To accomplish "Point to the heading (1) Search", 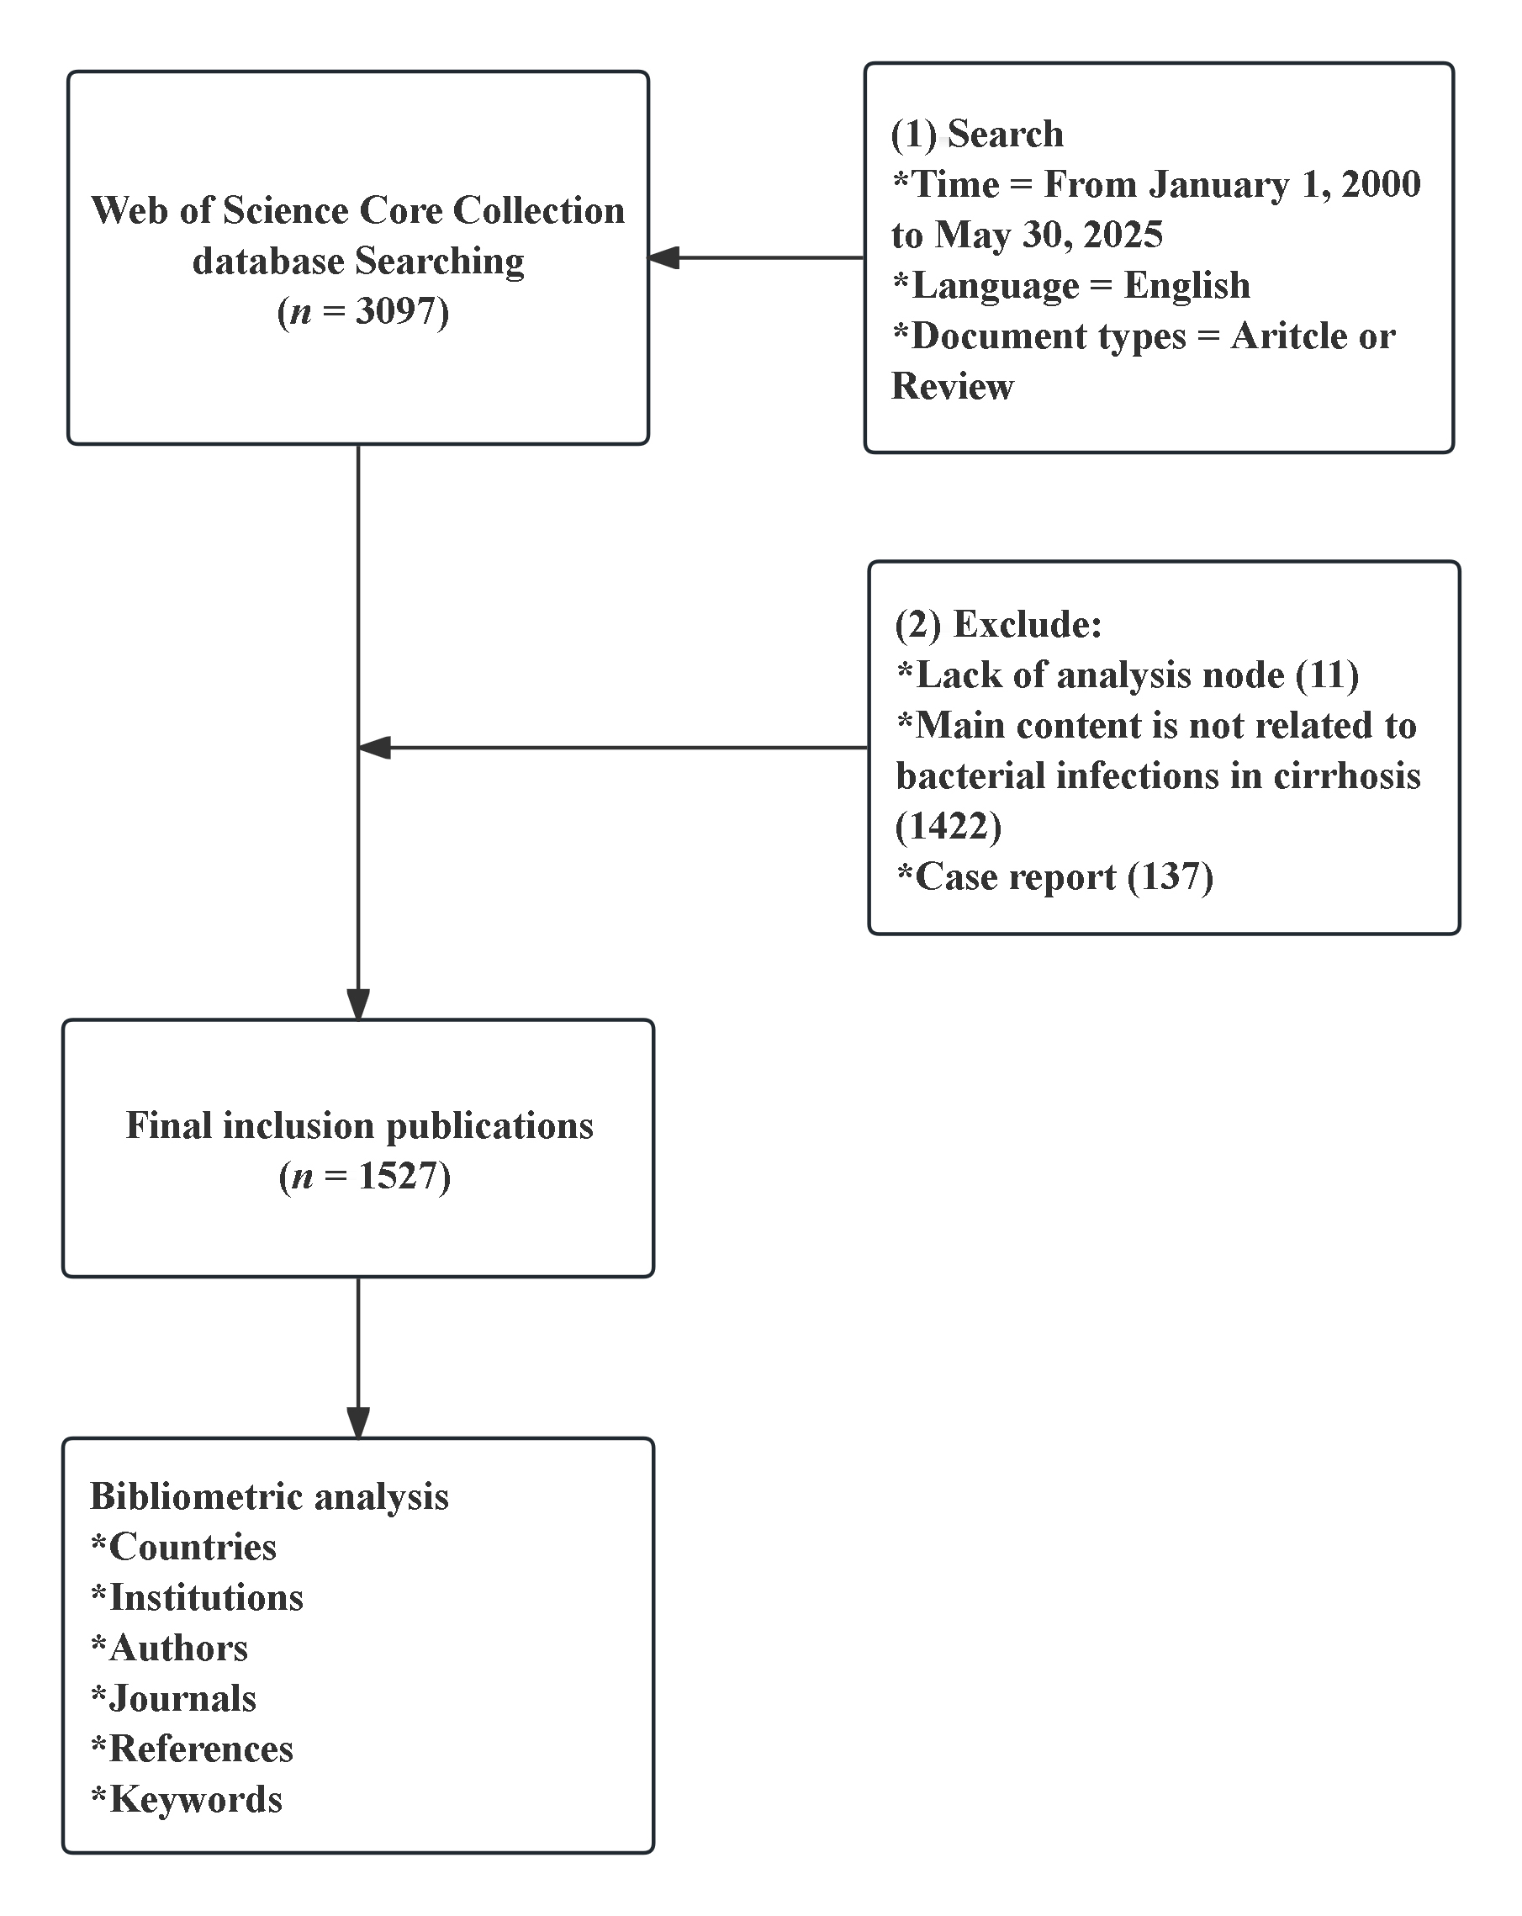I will coord(976,135).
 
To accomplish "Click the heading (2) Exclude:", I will coord(998,624).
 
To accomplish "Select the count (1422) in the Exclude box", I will coord(948,826).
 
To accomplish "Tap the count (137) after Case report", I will coord(1170,876).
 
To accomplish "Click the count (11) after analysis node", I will coord(1327,675).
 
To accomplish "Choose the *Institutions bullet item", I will coord(198,1597).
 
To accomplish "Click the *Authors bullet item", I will coord(170,1648).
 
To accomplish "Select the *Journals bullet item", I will coord(173,1698).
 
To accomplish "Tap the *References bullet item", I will coord(192,1748).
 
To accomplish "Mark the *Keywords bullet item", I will coord(187,1799).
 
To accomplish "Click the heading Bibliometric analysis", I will coord(269,1495).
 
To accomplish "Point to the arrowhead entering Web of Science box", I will coord(663,257).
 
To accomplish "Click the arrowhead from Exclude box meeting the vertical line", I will coord(374,748).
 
